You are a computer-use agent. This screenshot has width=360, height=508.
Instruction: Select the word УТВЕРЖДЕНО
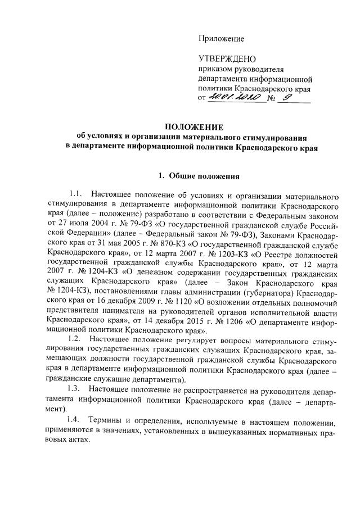point(227,59)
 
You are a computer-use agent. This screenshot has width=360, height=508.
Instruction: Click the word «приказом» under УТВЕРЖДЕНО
point(215,69)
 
